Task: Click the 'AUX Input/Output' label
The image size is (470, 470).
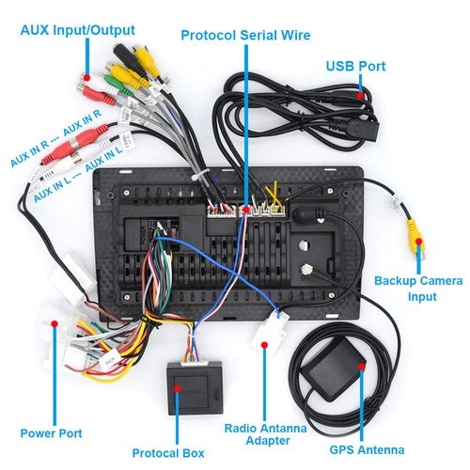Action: pos(77,30)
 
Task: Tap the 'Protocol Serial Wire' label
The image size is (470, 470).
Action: pos(245,35)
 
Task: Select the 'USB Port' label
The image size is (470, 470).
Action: pos(355,66)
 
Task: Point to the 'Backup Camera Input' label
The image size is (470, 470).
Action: pos(418,289)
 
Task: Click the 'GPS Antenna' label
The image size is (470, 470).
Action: pos(367,450)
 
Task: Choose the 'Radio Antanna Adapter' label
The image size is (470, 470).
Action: pos(266,434)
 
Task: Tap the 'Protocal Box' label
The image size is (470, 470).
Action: pos(168,453)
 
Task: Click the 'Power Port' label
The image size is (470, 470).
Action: pos(51,433)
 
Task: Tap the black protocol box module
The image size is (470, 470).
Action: pos(195,388)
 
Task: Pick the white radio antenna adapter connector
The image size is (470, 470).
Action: pos(270,333)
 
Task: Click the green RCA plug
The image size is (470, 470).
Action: pos(118,84)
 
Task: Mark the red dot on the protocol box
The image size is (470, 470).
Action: pos(177,388)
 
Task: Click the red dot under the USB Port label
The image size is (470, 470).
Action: pos(360,95)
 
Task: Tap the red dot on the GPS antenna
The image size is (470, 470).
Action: pos(362,367)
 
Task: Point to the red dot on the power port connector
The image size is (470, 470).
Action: pos(55,323)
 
